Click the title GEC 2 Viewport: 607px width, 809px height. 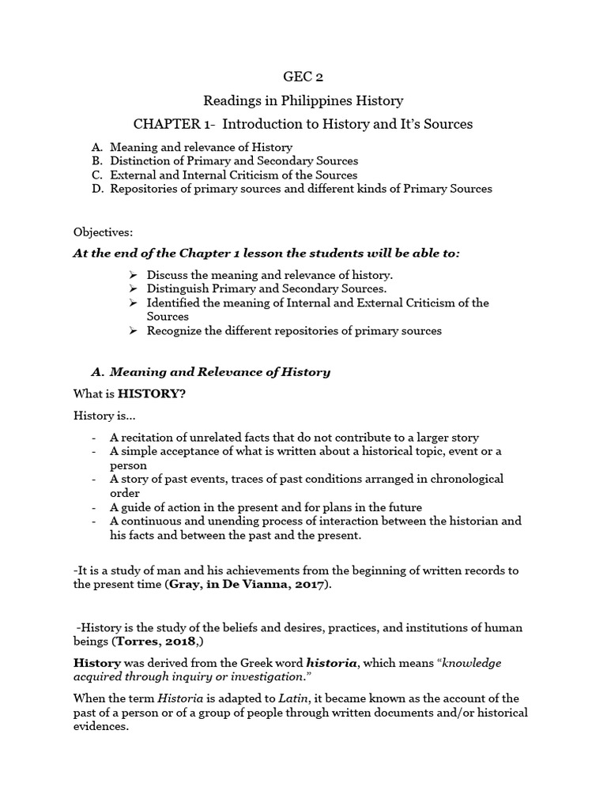[x=303, y=77]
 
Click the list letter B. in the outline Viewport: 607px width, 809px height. [x=97, y=161]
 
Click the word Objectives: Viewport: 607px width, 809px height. [x=104, y=232]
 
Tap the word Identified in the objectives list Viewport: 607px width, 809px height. [x=172, y=303]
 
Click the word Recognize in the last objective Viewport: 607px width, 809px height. [x=175, y=331]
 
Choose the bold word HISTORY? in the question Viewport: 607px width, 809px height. [x=152, y=395]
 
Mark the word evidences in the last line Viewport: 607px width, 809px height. [x=100, y=727]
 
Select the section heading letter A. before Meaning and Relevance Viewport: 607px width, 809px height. [x=98, y=372]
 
